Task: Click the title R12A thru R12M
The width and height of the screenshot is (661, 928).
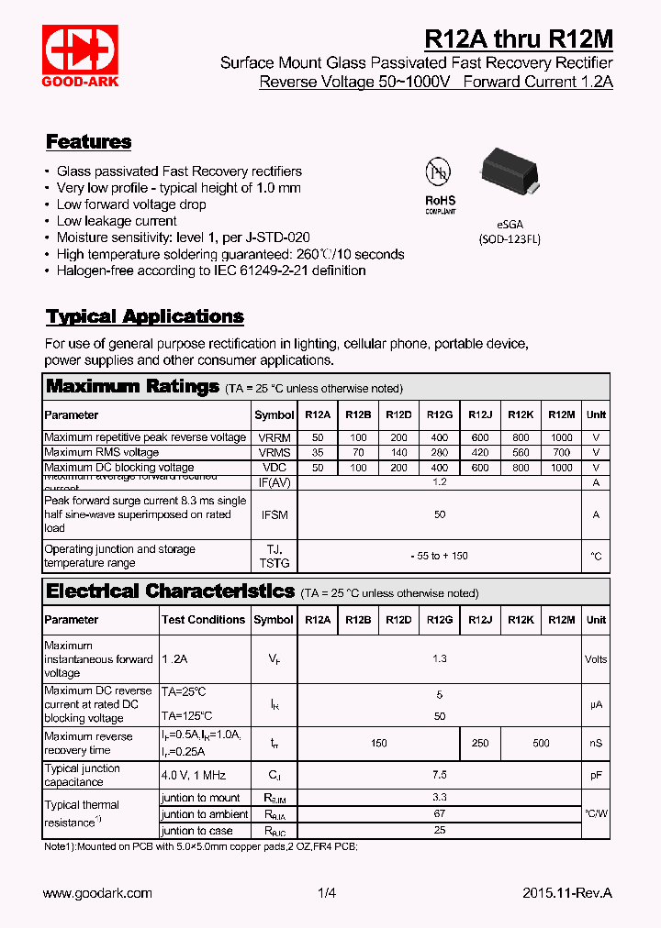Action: pos(518,39)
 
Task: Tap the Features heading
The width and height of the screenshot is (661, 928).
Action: pos(88,142)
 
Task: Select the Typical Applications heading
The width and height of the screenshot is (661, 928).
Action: pos(144,317)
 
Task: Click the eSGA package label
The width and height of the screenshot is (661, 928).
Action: pos(509,223)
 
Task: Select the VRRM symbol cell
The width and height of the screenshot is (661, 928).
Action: pos(274,437)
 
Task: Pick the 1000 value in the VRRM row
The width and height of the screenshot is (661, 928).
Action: pos(561,437)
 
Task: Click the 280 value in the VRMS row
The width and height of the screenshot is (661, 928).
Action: pos(440,452)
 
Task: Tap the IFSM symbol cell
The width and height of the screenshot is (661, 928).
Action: pos(274,515)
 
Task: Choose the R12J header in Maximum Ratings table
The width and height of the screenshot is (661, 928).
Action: pos(480,414)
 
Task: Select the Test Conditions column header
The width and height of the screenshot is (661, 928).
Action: pos(203,620)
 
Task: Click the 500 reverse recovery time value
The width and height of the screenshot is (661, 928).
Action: pos(541,744)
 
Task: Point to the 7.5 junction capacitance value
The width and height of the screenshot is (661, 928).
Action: pos(440,776)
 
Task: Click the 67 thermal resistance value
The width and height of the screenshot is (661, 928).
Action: pos(440,814)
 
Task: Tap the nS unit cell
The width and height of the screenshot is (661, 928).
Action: pos(596,744)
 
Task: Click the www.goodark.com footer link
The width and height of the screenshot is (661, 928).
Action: pos(97,893)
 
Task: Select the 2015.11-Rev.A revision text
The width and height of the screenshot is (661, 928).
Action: pos(566,893)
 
